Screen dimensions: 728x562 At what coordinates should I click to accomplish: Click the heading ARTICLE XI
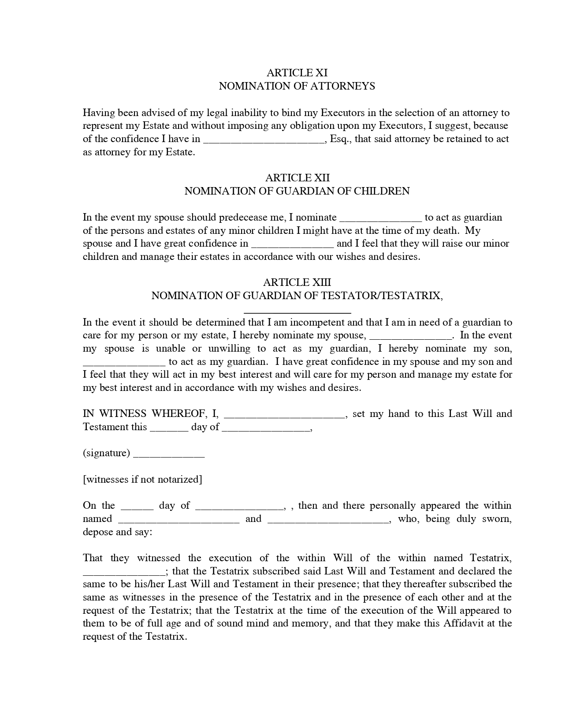(x=297, y=73)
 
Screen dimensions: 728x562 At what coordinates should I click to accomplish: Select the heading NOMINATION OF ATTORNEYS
(x=297, y=86)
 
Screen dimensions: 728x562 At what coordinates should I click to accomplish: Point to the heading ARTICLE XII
(x=297, y=178)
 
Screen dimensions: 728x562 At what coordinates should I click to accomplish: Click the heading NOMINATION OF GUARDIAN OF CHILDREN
(x=297, y=191)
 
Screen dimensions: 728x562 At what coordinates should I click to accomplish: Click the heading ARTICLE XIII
(x=297, y=282)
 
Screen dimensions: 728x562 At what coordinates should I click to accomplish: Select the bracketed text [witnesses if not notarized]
(x=142, y=480)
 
